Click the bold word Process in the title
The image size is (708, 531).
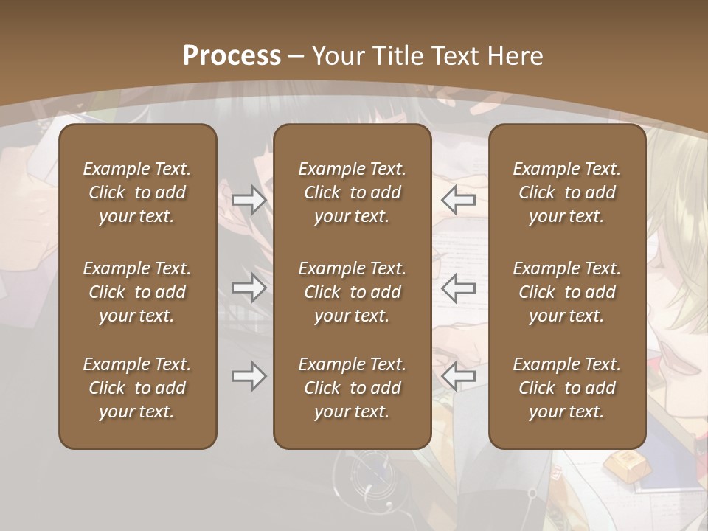point(232,56)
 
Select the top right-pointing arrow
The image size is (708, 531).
point(249,200)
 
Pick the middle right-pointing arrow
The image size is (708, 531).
point(249,288)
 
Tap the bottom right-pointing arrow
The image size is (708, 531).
point(249,377)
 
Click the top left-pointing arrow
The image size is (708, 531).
point(458,200)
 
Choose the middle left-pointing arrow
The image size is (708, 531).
point(458,288)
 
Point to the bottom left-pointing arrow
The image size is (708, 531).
point(458,377)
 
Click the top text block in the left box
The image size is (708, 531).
point(137,192)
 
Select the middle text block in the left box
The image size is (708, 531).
point(137,292)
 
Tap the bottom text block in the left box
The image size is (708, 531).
point(137,388)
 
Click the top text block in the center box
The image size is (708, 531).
point(353,192)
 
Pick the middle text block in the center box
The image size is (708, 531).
point(353,292)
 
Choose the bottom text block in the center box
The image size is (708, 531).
point(353,388)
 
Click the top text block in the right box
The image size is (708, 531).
point(567,192)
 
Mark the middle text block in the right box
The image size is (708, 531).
point(567,292)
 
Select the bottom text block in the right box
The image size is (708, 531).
point(567,388)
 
